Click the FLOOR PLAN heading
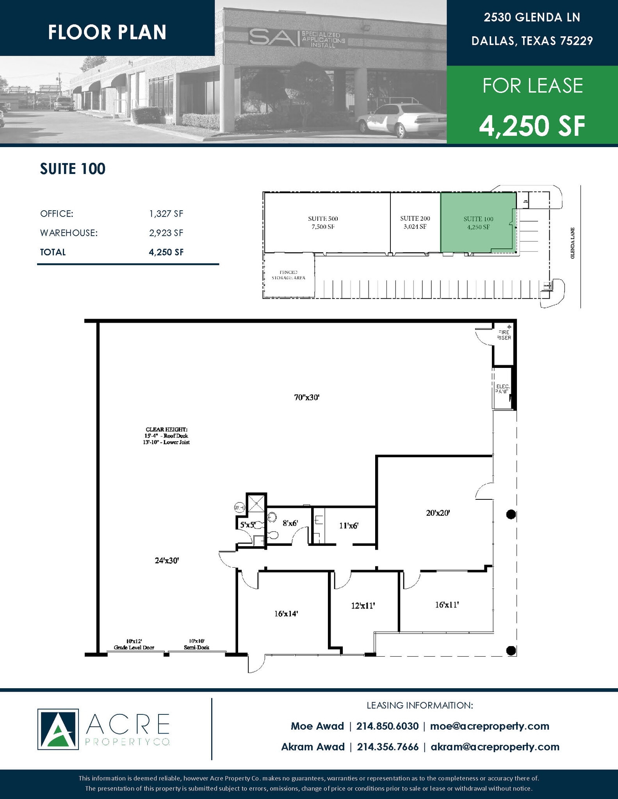pos(107,32)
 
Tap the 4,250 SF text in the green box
pos(532,126)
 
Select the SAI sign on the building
pos(297,38)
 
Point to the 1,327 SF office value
pos(166,214)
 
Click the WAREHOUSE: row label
pos(69,233)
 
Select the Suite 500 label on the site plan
pos(322,222)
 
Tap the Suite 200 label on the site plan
pos(415,222)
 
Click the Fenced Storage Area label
pos(288,275)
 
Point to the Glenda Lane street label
pos(572,243)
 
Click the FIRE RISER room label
pos(504,335)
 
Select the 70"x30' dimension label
pos(307,398)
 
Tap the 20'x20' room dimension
pos(438,513)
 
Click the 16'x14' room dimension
pos(286,614)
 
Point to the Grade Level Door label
pos(134,647)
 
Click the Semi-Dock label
pos(196,647)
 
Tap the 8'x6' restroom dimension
pos(290,523)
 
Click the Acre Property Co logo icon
pos(58,729)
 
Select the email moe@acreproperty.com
pos(490,726)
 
